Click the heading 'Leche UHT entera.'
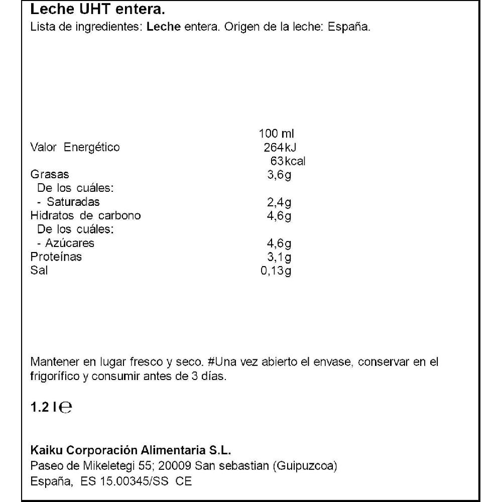tap(98, 10)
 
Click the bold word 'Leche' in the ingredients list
tap(160, 27)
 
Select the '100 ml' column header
tap(277, 134)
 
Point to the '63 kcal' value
tap(288, 161)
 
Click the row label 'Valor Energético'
tap(75, 148)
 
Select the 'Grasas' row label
tap(50, 175)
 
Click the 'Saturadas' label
tap(73, 202)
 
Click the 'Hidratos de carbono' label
tap(86, 216)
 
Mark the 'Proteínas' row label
tap(56, 257)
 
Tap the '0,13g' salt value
tap(276, 271)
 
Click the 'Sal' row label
tap(39, 271)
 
